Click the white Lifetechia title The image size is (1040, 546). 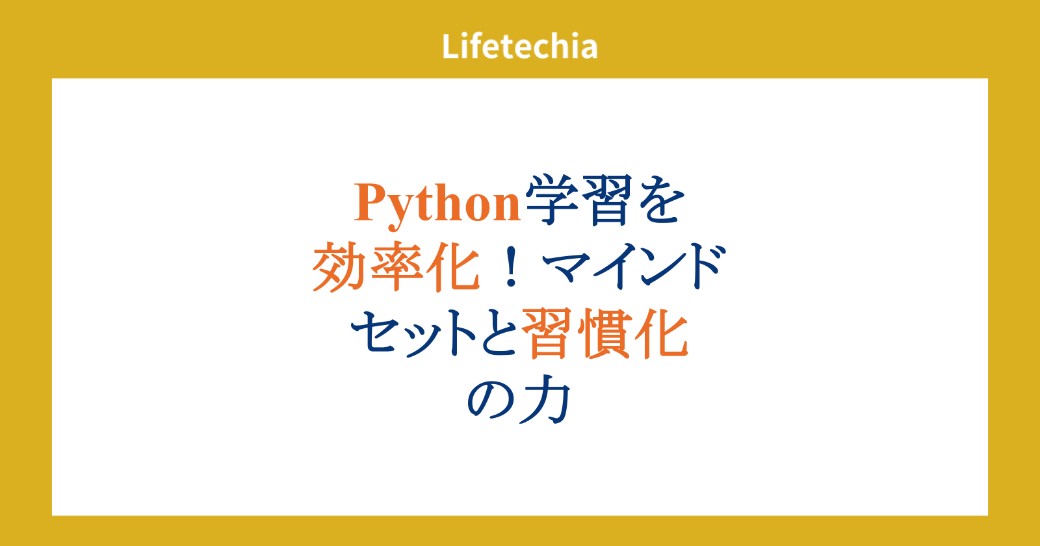tap(519, 46)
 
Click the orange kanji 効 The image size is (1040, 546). tap(339, 266)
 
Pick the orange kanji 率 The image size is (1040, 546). tap(396, 266)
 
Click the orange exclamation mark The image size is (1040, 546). tap(511, 266)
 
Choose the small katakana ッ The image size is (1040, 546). tap(419, 338)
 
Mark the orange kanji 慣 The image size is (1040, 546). tap(603, 333)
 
